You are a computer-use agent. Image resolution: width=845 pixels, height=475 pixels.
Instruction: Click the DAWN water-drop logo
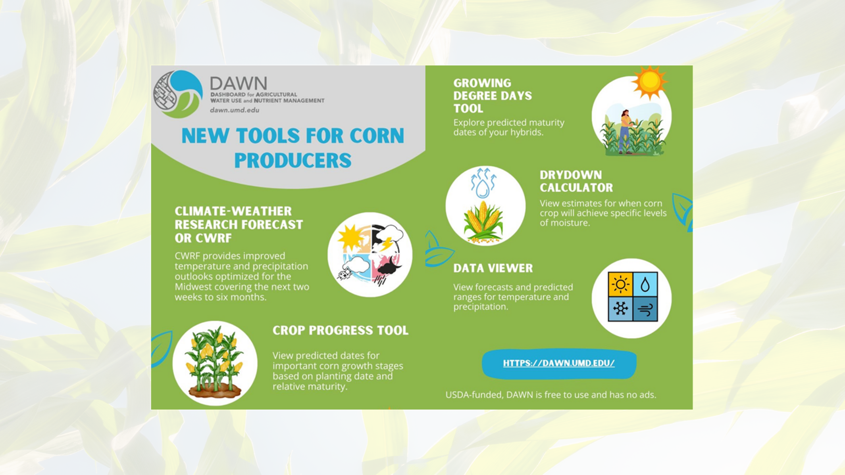point(178,94)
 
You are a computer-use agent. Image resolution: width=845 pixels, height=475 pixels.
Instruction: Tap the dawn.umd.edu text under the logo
point(235,110)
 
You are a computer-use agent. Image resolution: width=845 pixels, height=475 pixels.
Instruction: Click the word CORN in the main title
point(377,136)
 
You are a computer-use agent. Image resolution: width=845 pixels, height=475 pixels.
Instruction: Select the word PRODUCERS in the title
point(293,161)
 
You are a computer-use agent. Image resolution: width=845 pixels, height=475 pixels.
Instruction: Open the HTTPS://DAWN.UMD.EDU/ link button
point(559,363)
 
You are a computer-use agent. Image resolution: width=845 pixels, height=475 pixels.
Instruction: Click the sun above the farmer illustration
point(649,82)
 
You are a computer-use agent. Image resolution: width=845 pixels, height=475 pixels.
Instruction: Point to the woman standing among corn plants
point(625,131)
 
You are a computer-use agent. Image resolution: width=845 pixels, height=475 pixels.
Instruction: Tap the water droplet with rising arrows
point(483,183)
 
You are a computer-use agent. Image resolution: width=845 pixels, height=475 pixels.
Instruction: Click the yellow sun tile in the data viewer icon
point(620,284)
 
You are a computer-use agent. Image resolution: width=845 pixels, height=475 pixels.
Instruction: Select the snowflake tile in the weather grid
point(620,308)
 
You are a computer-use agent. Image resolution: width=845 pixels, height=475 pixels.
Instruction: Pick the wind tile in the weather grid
point(645,308)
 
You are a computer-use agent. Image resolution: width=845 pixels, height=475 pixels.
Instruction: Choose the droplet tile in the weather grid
point(645,284)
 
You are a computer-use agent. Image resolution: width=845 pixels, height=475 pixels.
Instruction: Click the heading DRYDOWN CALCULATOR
point(576,181)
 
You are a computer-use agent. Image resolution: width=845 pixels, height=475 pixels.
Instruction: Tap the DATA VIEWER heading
point(493,268)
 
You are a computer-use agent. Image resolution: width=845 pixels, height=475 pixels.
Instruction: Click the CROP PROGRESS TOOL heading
point(340,330)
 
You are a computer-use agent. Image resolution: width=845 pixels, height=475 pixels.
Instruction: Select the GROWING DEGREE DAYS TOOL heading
point(493,96)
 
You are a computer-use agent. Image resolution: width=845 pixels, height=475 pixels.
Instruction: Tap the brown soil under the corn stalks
point(215,391)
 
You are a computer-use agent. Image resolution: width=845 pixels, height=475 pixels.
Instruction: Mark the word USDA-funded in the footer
point(474,395)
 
